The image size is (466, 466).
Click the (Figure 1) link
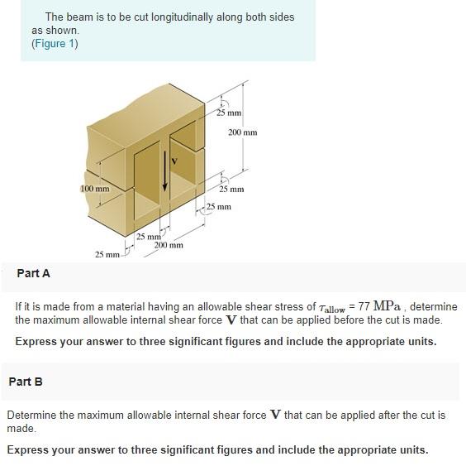point(55,44)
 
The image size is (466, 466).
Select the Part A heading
point(33,273)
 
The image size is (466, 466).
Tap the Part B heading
point(26,382)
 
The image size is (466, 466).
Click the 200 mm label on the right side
point(243,132)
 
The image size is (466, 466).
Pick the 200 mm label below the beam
point(169,246)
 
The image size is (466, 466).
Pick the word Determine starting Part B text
point(33,415)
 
